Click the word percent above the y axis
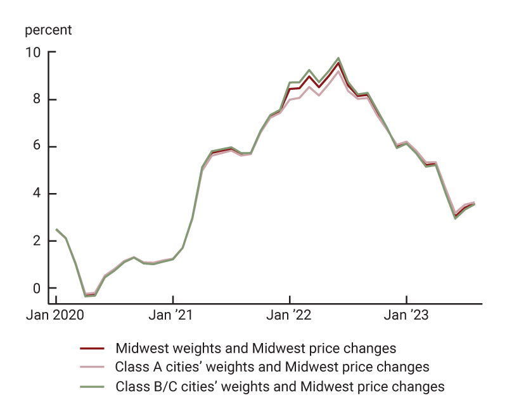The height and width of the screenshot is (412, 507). [x=48, y=30]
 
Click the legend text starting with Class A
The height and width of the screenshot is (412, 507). [x=272, y=367]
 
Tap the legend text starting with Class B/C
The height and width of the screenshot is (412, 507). [x=279, y=386]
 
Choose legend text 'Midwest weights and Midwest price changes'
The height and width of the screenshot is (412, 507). [x=255, y=348]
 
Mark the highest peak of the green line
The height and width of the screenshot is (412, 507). [x=338, y=58]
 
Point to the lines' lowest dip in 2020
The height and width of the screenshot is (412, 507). [x=86, y=296]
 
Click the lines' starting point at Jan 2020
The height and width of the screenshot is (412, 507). [x=56, y=229]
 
